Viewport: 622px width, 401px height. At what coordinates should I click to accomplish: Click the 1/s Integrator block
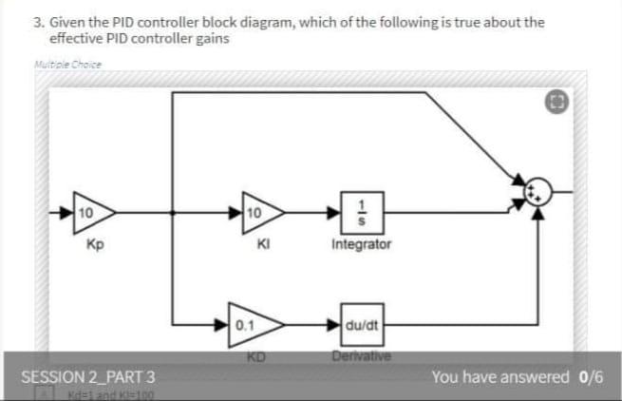[x=361, y=211]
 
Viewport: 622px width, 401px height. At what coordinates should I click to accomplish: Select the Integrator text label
[x=361, y=245]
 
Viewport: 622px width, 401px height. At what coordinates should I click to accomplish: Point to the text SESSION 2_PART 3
[x=88, y=376]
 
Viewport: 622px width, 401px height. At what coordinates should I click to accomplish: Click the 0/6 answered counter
[x=591, y=376]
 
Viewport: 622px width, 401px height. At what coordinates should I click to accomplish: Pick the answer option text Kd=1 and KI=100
[x=104, y=393]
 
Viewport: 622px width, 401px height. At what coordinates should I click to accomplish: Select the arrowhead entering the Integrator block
[x=336, y=211]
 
